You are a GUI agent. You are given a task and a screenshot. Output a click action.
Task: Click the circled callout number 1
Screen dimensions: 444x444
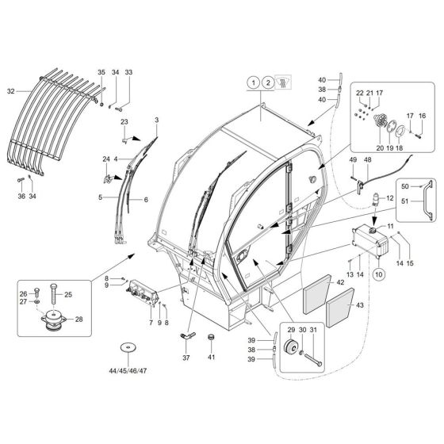click(x=251, y=82)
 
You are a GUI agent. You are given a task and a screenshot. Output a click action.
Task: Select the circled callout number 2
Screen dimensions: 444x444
click(x=269, y=82)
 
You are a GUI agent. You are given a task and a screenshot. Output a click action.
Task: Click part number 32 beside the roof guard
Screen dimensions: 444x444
click(x=11, y=91)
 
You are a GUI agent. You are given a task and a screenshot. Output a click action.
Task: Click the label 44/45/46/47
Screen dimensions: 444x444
click(x=126, y=370)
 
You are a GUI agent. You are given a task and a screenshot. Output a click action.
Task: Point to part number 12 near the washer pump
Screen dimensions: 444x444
click(x=390, y=197)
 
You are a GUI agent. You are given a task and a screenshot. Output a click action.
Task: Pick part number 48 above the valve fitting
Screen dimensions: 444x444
click(x=367, y=159)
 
